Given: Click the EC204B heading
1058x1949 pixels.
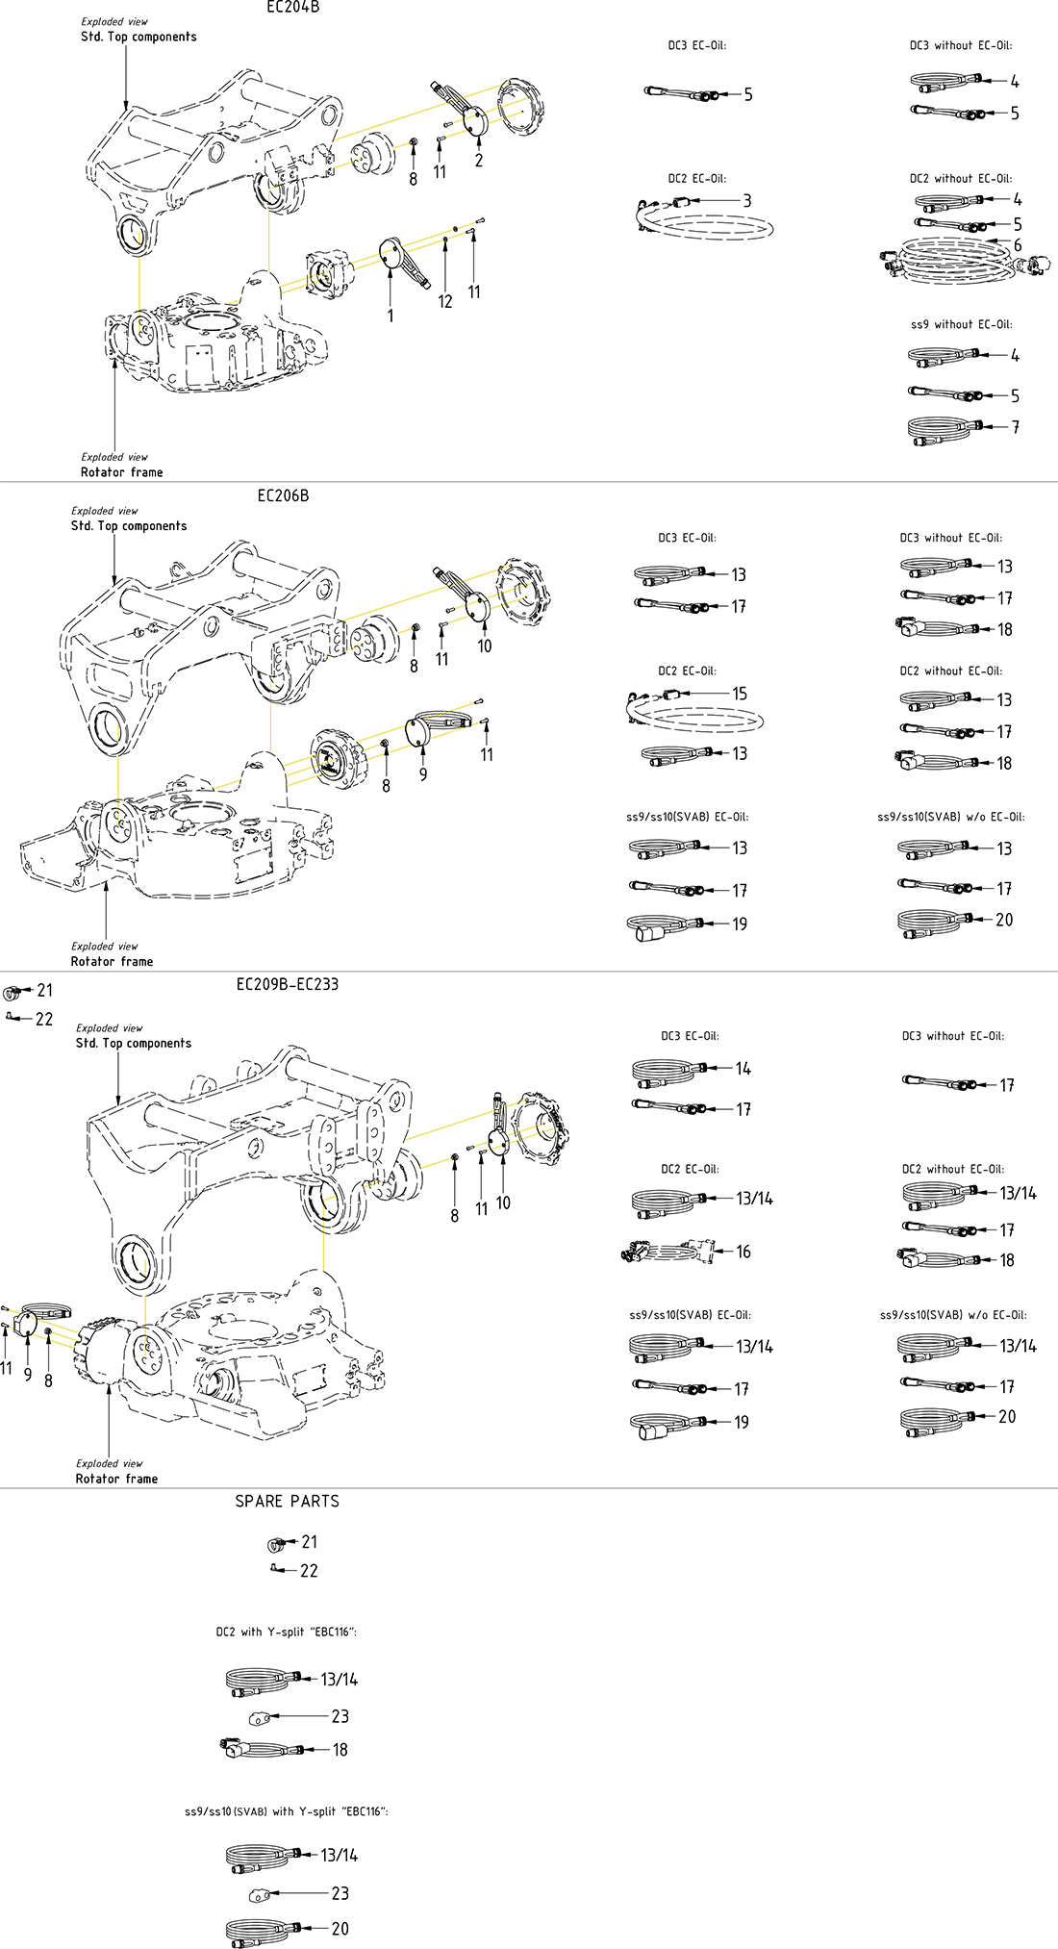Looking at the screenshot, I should tap(292, 8).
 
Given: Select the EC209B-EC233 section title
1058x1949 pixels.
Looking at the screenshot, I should tap(288, 984).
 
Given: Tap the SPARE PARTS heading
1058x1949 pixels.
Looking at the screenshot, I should tap(288, 1501).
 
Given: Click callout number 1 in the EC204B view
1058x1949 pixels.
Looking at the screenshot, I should tap(390, 316).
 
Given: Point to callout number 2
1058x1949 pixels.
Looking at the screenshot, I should tap(479, 161).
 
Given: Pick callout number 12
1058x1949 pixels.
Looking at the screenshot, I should tap(445, 301).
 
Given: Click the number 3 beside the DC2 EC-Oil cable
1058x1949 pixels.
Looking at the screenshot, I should tap(747, 201).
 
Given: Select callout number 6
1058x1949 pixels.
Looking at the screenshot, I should tap(1018, 245).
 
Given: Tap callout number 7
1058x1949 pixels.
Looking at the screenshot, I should tap(1016, 427).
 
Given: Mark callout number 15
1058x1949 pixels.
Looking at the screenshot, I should tap(740, 694).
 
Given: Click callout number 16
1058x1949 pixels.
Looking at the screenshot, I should tap(743, 1252).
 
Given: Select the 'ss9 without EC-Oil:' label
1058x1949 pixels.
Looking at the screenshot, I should tap(961, 324).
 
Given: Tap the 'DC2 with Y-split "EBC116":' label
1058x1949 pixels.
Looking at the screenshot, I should tap(287, 1632).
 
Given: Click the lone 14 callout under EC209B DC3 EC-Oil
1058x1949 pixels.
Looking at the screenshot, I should tap(743, 1069).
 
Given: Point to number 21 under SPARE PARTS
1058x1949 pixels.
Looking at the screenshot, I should tap(309, 1541).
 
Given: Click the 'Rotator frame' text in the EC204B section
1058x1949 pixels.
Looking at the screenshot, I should tap(122, 472).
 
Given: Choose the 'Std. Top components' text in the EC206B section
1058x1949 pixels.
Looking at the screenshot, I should tap(129, 526).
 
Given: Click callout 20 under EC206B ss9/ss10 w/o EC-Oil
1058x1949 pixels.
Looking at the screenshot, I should tap(1004, 920).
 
